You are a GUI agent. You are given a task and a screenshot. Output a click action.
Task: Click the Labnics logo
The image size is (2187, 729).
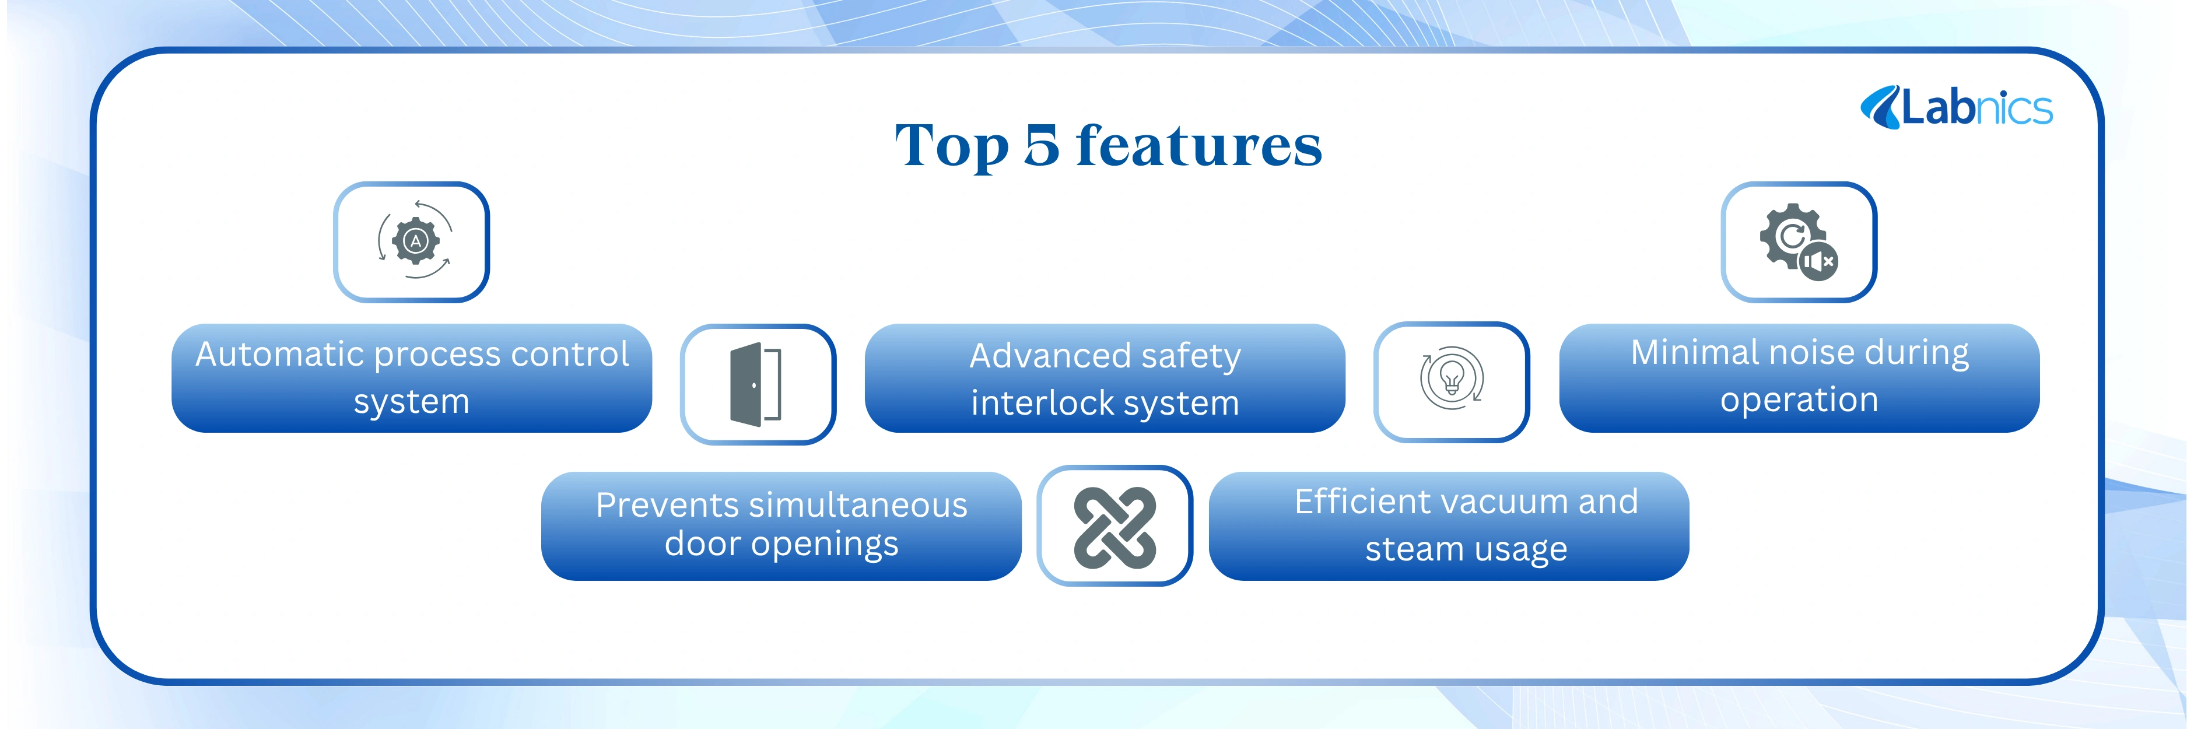click(x=1956, y=108)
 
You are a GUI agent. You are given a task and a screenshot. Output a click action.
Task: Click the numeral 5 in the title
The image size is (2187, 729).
click(x=1042, y=145)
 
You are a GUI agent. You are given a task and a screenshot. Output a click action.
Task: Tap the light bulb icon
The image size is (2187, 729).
click(x=1452, y=378)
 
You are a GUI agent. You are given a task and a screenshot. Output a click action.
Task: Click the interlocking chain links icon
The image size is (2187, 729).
click(x=1114, y=527)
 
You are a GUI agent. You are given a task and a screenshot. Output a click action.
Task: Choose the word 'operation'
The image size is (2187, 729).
click(x=1799, y=399)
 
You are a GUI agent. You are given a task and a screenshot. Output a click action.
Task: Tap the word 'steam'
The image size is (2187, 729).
click(x=1410, y=549)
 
